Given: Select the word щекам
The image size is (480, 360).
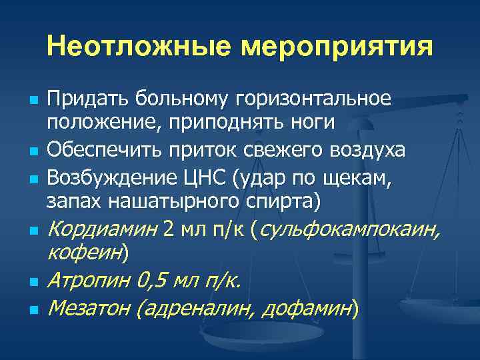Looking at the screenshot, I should click(355, 177).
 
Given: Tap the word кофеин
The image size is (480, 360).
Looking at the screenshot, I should click(84, 253).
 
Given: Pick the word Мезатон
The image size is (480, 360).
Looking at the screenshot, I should click(89, 308).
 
